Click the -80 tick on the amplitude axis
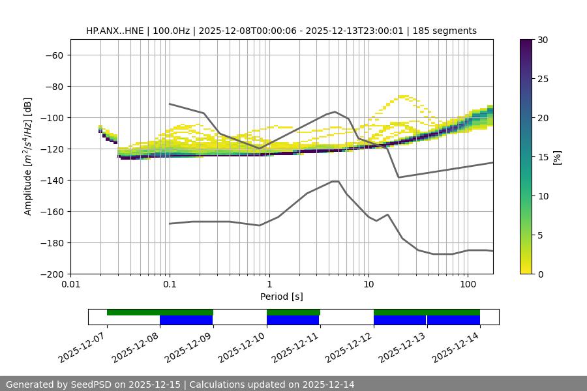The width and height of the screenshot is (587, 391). click(53, 87)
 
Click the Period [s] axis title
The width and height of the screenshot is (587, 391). click(282, 297)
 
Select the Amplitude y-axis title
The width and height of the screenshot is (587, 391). click(28, 156)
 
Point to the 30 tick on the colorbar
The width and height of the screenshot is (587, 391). click(543, 40)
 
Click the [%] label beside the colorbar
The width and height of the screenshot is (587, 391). click(558, 156)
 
